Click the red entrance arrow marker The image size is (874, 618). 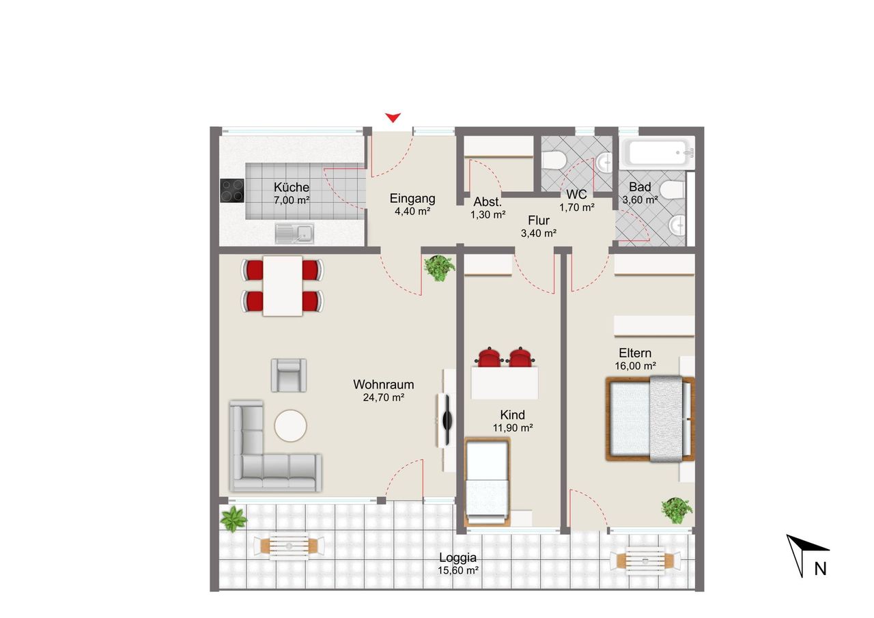click(393, 117)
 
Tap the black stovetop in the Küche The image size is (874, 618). click(232, 191)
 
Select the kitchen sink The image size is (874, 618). click(294, 234)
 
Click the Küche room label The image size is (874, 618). click(292, 187)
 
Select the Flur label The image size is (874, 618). click(539, 221)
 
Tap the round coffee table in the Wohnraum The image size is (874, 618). click(290, 425)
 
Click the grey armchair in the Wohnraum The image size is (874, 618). click(289, 376)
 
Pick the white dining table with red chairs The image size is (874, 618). click(283, 286)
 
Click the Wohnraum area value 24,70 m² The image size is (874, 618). click(384, 397)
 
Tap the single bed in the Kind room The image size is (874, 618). click(488, 482)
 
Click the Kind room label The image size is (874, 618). click(512, 415)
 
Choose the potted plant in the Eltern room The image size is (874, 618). click(677, 510)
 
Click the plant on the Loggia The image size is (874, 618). click(233, 519)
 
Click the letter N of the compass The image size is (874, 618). click(820, 570)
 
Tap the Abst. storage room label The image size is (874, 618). click(488, 202)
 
